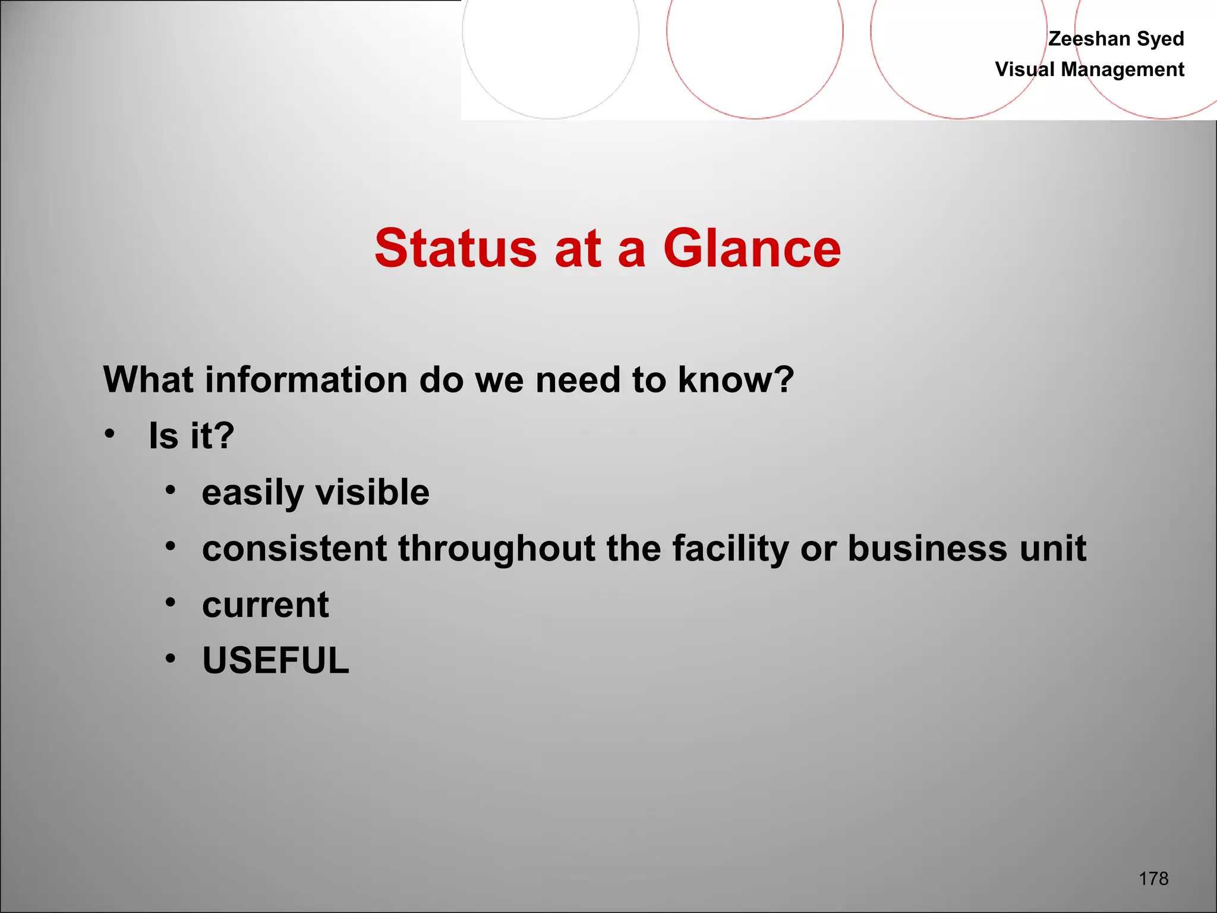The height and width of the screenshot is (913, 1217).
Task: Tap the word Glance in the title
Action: click(x=752, y=248)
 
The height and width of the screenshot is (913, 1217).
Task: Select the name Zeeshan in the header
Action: click(x=1089, y=39)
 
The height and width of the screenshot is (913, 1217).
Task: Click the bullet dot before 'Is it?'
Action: click(x=109, y=434)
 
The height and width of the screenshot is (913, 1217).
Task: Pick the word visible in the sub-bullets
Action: click(x=372, y=492)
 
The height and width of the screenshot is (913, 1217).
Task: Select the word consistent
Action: click(x=294, y=548)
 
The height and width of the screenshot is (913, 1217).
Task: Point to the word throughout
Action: click(x=496, y=549)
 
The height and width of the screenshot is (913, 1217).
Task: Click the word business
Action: click(x=927, y=548)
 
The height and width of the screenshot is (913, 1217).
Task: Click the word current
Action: click(x=265, y=605)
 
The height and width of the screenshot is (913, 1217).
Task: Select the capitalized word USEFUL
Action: click(x=276, y=660)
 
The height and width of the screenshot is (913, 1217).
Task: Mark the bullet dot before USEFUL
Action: click(x=171, y=658)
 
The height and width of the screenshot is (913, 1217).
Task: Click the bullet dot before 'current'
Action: click(x=171, y=603)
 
